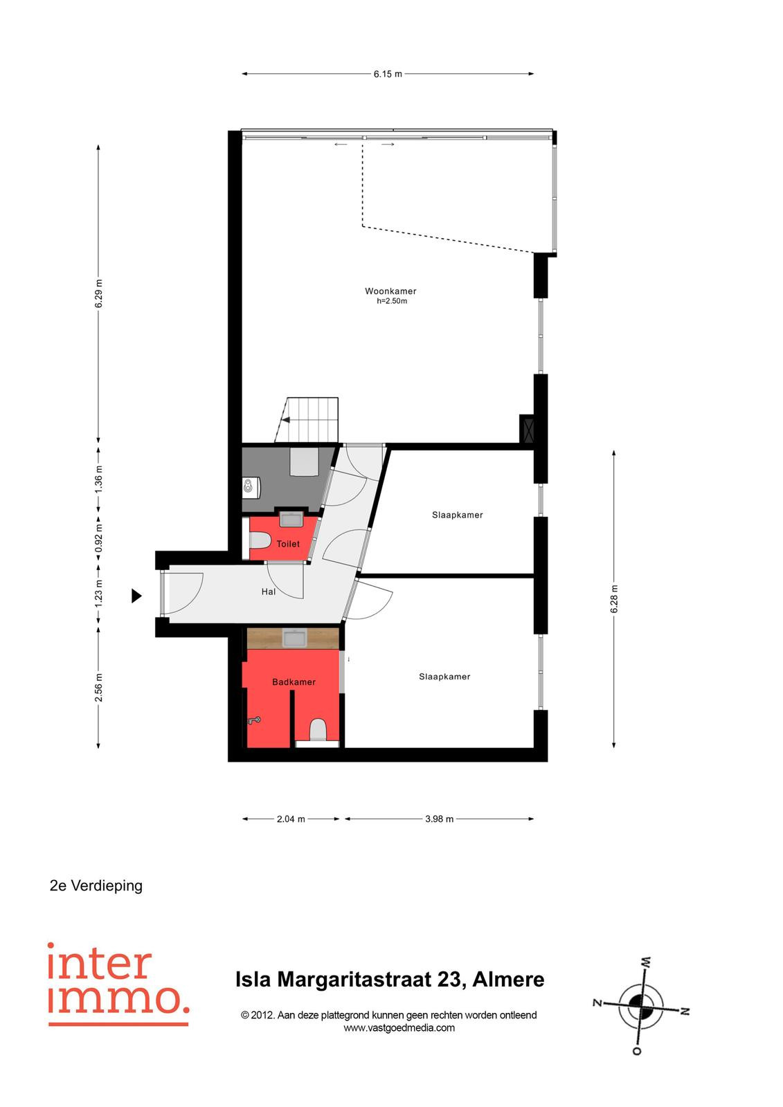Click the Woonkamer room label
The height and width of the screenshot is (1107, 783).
click(x=390, y=291)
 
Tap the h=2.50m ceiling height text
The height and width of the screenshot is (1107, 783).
click(x=392, y=301)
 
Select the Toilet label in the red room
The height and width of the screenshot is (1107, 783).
click(x=288, y=544)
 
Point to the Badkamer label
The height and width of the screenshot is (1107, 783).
click(x=294, y=682)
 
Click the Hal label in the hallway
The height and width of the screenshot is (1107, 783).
click(x=268, y=592)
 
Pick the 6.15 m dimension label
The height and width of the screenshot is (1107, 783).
click(x=388, y=74)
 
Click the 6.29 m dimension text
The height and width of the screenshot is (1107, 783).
click(x=99, y=293)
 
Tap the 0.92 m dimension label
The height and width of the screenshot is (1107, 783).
click(x=99, y=539)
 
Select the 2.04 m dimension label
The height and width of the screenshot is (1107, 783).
click(x=291, y=819)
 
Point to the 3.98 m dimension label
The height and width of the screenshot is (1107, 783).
click(x=439, y=819)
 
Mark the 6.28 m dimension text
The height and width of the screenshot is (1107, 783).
click(x=614, y=599)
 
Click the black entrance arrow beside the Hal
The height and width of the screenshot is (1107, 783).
click(x=136, y=596)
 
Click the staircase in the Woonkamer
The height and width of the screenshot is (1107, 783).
click(x=307, y=419)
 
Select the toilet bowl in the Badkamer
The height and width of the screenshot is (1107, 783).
click(x=318, y=729)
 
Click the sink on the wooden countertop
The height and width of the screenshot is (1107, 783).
click(x=294, y=638)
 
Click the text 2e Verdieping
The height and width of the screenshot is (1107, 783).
click(x=96, y=886)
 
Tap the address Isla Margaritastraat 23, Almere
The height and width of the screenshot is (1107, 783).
click(x=390, y=980)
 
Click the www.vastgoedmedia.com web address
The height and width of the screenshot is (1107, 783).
click(x=399, y=1028)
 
